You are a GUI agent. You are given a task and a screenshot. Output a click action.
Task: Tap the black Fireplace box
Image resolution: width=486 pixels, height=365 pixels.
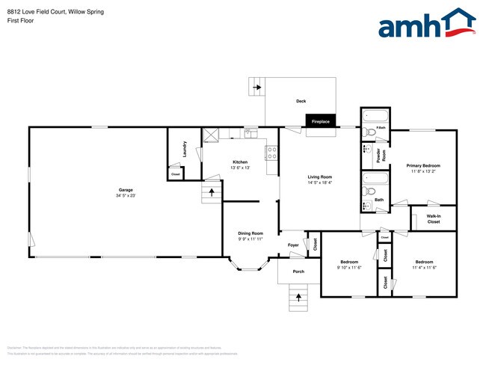319,120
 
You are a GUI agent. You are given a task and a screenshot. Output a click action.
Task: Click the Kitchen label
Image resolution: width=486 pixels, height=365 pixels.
240,162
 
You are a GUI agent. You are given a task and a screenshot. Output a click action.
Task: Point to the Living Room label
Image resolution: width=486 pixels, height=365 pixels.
319,177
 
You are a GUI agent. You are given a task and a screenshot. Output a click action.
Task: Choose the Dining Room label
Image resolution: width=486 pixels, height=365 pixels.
251,233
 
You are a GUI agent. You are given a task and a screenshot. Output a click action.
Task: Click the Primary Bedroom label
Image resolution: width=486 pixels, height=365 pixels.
423,165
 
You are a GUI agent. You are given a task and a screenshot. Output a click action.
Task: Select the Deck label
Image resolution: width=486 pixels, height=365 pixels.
301,101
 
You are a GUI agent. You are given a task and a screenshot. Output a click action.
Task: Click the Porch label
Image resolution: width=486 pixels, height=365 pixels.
298,272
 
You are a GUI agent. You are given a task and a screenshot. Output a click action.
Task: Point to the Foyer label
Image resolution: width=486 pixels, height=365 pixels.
294,245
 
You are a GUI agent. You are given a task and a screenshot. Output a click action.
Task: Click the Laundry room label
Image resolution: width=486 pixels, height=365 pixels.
184,150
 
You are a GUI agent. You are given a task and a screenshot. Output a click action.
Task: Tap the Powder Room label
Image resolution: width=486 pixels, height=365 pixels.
379,155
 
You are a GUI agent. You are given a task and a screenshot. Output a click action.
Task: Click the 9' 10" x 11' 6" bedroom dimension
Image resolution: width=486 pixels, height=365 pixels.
350,268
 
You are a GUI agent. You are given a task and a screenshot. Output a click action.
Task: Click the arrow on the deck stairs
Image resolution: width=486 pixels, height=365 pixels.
257,88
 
